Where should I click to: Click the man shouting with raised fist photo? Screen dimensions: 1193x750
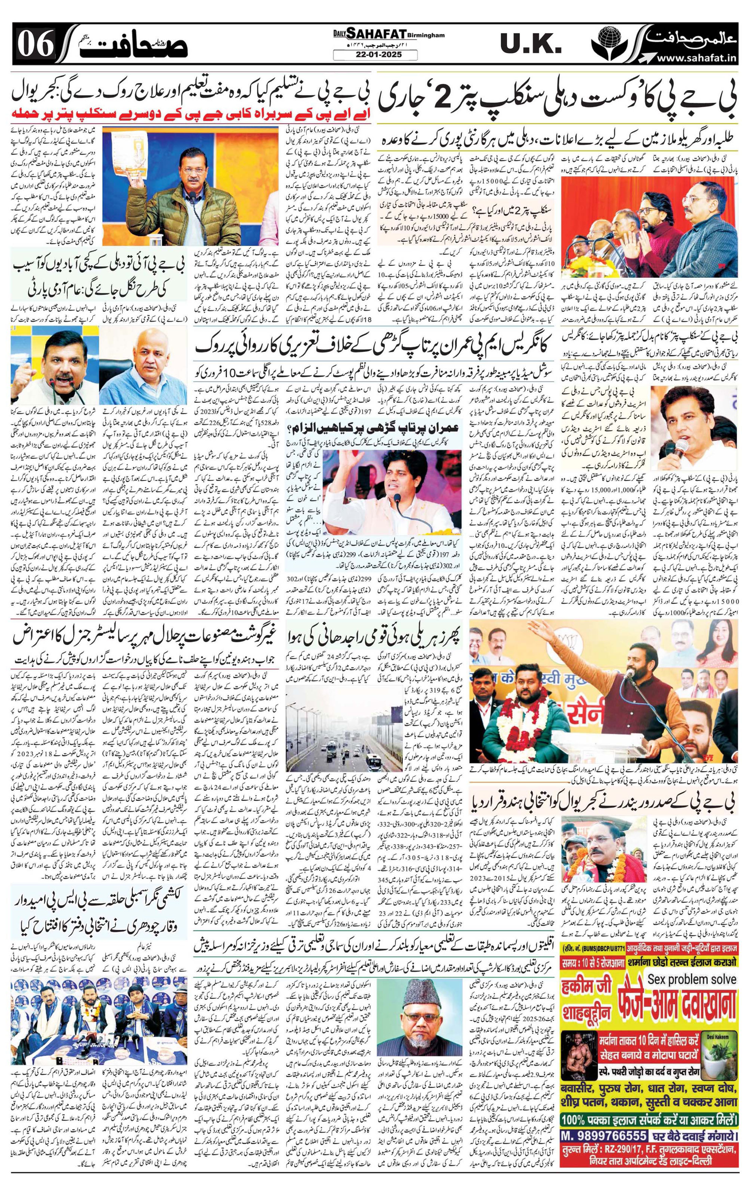53,366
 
